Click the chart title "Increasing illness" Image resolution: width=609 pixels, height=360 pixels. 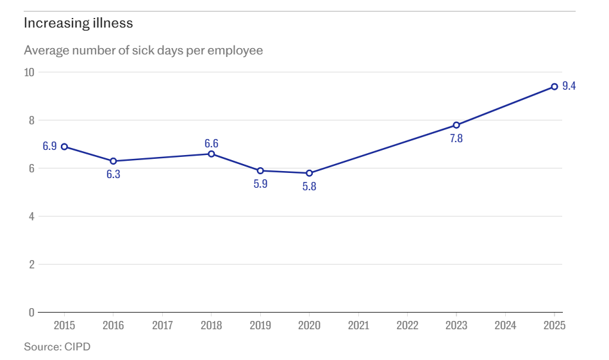click(x=78, y=24)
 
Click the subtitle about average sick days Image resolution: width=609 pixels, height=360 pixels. click(x=144, y=50)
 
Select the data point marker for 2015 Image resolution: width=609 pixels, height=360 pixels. click(x=64, y=147)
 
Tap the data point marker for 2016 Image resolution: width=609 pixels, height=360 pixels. click(x=113, y=161)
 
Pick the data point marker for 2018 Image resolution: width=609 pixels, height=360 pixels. click(x=212, y=154)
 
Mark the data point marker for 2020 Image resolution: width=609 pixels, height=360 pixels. click(x=309, y=173)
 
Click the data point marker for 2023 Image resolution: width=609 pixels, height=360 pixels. click(x=456, y=125)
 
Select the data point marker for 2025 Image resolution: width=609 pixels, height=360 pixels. click(x=555, y=86)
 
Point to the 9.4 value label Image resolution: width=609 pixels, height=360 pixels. click(x=569, y=86)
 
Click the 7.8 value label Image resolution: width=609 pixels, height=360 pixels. click(x=456, y=138)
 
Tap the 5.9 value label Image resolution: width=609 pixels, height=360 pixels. click(x=260, y=184)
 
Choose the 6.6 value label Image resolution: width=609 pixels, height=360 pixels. click(x=212, y=143)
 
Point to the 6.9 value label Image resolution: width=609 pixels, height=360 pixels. click(x=50, y=147)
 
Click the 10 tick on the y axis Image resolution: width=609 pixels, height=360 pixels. click(x=29, y=72)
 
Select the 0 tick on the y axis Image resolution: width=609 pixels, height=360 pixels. click(x=31, y=313)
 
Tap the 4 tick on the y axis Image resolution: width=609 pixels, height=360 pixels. click(x=31, y=217)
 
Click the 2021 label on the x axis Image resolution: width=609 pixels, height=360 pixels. click(x=358, y=325)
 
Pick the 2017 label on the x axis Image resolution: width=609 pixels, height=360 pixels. click(x=162, y=325)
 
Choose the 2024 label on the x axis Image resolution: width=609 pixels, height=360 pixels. click(x=505, y=325)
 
